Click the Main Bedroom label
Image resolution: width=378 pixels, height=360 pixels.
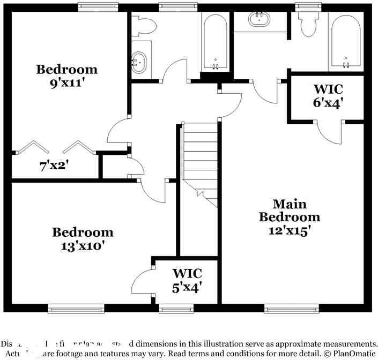point(290,211)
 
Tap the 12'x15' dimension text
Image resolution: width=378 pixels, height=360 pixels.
point(290,230)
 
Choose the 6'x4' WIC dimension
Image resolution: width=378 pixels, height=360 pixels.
point(328,102)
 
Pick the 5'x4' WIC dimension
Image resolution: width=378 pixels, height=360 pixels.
point(187,287)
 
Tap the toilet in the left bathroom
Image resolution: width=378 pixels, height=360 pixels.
point(144,24)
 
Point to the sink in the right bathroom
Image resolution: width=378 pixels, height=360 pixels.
point(261,19)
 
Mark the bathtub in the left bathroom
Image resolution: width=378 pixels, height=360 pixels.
point(216,41)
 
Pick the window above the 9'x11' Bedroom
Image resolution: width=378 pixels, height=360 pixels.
point(98,6)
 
